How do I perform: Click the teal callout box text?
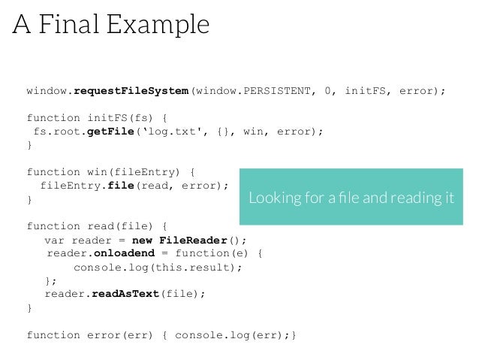coord(351,198)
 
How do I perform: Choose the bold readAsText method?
coord(126,294)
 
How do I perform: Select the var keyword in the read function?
coord(53,241)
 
